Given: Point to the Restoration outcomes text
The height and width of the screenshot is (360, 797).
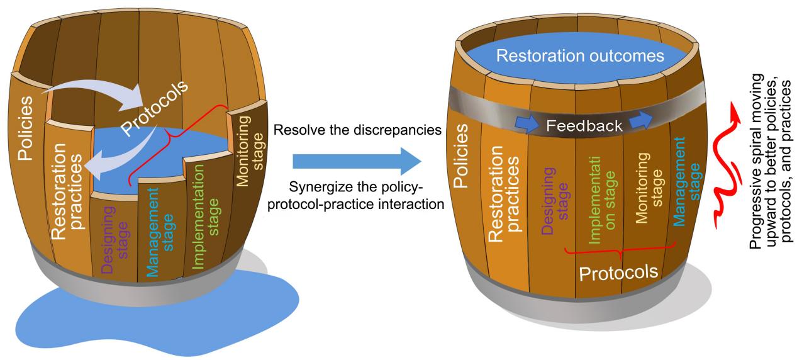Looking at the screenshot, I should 579,56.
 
